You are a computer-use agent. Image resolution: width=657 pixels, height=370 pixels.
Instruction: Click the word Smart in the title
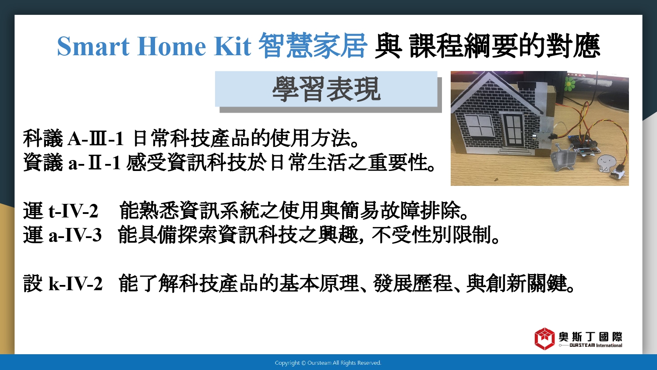(93, 46)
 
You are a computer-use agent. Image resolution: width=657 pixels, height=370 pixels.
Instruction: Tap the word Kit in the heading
(232, 46)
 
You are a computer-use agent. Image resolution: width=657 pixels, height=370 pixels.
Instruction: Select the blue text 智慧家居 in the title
(313, 46)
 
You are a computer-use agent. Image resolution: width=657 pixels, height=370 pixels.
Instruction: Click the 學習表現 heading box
(326, 89)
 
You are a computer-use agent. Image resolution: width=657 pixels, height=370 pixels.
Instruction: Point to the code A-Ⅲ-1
(95, 138)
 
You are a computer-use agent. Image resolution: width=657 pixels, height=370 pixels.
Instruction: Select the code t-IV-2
(73, 211)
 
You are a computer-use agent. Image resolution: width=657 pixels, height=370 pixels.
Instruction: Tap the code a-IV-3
(75, 235)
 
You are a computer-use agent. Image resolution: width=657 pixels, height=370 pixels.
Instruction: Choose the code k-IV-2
(76, 284)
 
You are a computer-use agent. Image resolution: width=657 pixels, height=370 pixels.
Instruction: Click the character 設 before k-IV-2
(33, 284)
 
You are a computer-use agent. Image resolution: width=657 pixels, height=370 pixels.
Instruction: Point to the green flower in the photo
(569, 83)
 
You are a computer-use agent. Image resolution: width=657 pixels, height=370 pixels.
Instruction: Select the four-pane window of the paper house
(479, 126)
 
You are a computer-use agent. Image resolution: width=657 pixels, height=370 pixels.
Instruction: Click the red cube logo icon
(544, 339)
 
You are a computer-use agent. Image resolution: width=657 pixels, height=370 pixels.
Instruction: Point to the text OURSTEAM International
(596, 345)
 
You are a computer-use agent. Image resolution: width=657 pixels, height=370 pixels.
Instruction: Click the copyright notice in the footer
(328, 363)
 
